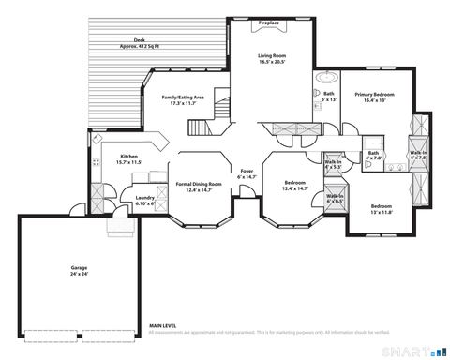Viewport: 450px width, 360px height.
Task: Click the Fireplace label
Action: [269, 22]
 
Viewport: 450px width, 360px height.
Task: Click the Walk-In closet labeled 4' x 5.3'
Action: [333, 163]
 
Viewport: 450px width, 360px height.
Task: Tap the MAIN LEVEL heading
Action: [163, 327]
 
